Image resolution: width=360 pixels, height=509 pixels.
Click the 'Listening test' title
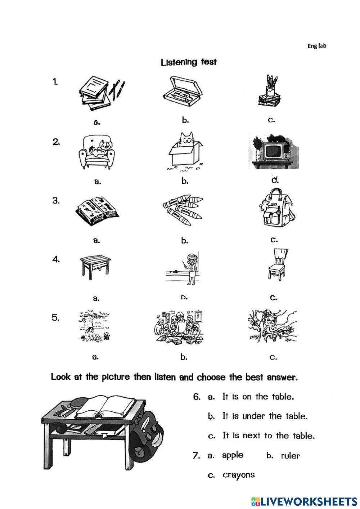[189, 62]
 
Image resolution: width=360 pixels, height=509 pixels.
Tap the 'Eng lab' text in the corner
[316, 46]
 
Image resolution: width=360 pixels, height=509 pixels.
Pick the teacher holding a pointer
[191, 267]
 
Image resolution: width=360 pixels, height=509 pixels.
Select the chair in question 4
[276, 265]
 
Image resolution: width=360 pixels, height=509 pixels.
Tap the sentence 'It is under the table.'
[265, 416]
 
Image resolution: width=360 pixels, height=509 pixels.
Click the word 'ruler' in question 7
[290, 456]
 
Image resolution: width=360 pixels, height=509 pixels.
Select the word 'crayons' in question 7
[238, 475]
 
